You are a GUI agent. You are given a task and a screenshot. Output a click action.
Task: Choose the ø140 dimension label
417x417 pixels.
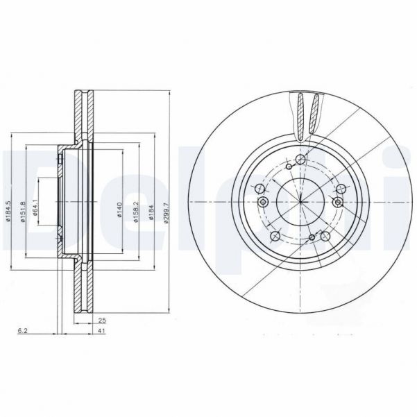tap(119, 209)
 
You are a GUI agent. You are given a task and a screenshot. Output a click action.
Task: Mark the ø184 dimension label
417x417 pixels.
tap(151, 208)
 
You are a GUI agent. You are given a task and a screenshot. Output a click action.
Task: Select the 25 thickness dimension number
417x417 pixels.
tap(102, 321)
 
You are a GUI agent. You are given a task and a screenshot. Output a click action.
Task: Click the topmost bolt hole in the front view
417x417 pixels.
tap(300, 160)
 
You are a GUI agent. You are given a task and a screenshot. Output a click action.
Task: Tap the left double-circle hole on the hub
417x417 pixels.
tap(263, 202)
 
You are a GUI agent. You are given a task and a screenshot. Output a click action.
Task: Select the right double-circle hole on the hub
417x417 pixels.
tap(337, 202)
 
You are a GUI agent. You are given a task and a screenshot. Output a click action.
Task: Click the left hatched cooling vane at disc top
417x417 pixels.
tap(300, 113)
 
